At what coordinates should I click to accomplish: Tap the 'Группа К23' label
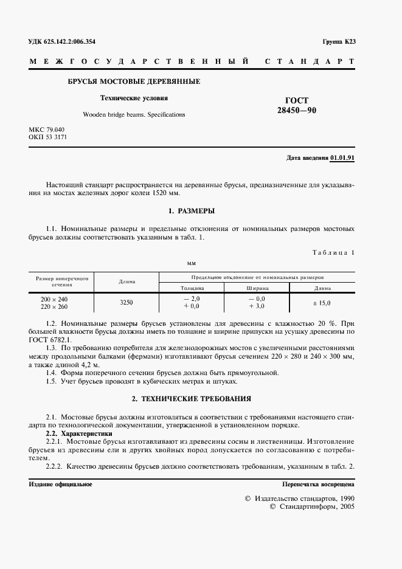339,42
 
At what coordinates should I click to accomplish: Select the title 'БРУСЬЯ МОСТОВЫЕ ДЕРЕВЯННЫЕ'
133,81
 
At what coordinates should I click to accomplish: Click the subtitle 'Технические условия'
134,98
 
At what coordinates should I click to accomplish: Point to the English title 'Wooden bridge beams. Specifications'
134,114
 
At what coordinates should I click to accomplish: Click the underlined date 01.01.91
343,157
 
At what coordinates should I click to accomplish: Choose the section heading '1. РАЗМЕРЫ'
192,210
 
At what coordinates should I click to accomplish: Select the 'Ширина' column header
258,287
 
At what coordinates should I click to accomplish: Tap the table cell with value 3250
126,302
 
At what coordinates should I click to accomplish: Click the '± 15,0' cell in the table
322,302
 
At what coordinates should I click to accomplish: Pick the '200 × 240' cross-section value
54,299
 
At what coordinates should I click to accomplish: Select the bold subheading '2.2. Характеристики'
79,434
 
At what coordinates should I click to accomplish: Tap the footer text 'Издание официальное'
60,484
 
